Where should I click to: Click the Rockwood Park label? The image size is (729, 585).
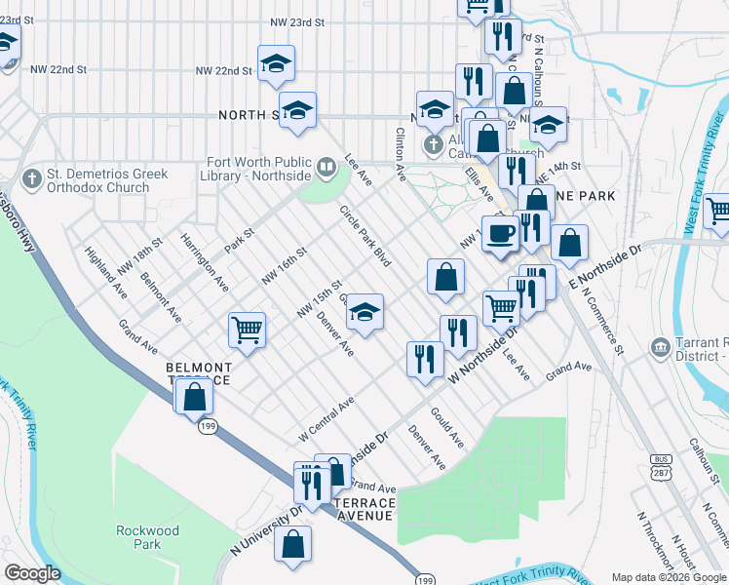(147, 537)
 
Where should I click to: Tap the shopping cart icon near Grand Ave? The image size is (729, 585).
(247, 330)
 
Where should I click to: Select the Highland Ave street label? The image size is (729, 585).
(106, 272)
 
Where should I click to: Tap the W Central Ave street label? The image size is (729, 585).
(326, 418)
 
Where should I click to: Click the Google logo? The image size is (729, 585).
(32, 573)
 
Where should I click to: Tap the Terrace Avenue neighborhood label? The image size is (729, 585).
(365, 509)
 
